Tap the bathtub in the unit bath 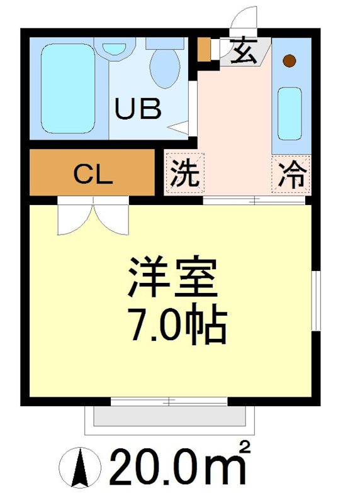[67, 87]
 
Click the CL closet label [93, 174]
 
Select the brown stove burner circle [289, 61]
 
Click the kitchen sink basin [291, 114]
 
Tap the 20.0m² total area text [179, 467]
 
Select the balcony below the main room [170, 419]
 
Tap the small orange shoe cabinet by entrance [203, 50]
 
